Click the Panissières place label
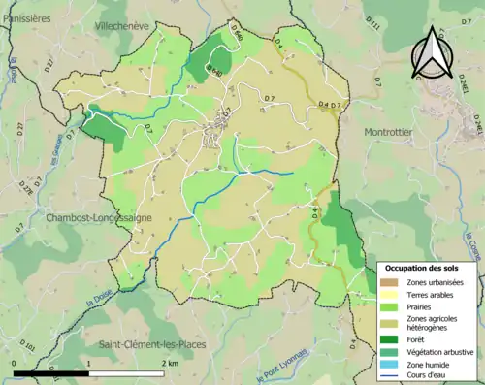click(x=26, y=16)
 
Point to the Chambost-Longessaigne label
click(x=98, y=218)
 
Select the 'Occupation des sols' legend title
click(x=421, y=267)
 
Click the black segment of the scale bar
click(x=51, y=372)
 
